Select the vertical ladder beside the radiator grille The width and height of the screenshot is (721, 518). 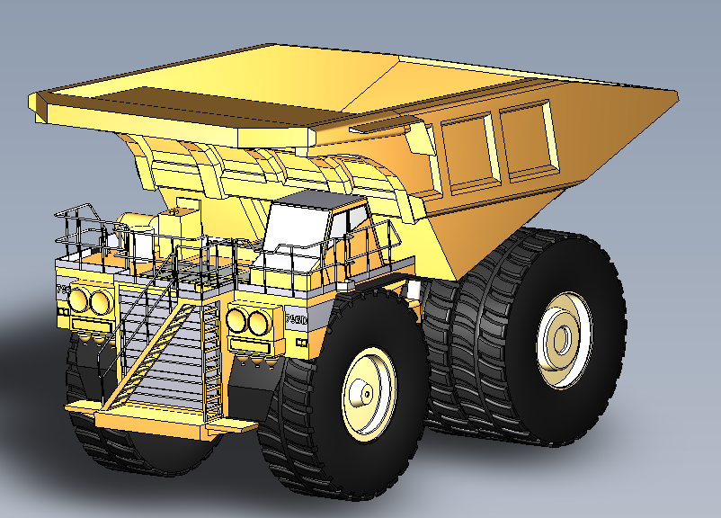click(212, 360)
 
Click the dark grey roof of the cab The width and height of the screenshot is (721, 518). click(319, 198)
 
